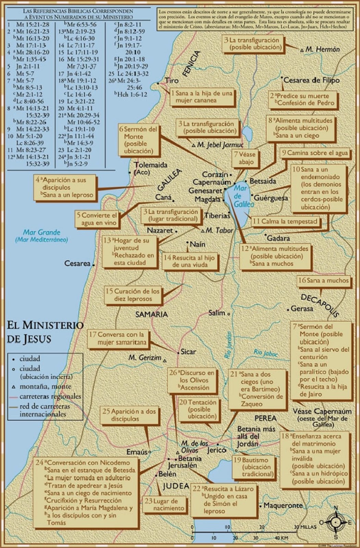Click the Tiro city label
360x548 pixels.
[x=171, y=80]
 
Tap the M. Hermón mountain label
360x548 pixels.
[x=322, y=49]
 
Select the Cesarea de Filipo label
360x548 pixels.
[x=312, y=80]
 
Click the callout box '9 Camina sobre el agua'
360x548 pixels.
[x=315, y=153]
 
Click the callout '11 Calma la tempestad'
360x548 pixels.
[x=285, y=221]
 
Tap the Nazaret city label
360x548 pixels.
[x=160, y=230]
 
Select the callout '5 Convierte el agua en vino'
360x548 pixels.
[x=97, y=219]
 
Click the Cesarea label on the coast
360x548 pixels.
[x=77, y=263]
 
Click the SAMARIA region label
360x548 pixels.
[x=151, y=314]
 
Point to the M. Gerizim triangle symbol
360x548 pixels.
[x=165, y=361]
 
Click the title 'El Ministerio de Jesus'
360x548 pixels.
[x=45, y=332]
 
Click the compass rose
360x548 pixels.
[x=335, y=522]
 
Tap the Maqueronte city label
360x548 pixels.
[x=283, y=505]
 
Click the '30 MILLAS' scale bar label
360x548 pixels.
[x=306, y=527]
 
